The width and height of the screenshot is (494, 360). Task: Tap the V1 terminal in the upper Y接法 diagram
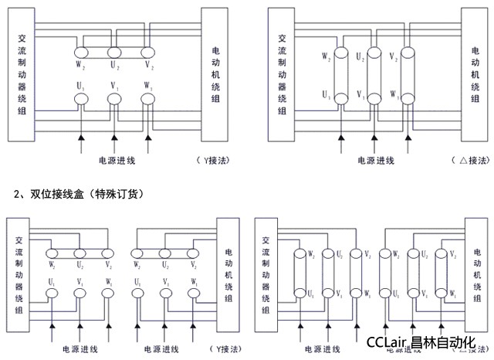point(114,99)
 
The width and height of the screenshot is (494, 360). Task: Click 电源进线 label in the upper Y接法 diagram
point(117,161)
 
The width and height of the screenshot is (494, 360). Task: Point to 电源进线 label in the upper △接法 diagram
point(376,161)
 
